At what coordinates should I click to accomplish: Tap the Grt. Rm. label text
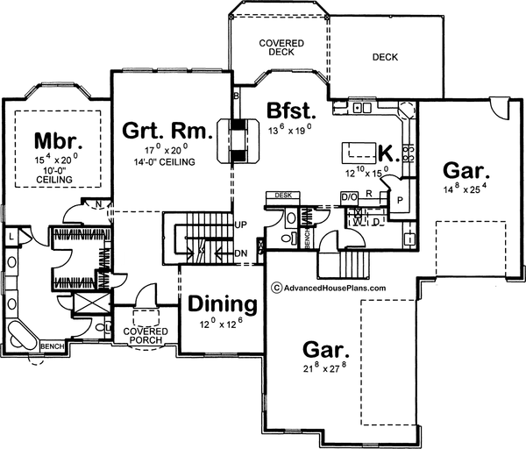[167, 132]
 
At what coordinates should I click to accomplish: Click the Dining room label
[222, 305]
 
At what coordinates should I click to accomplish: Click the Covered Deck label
[281, 47]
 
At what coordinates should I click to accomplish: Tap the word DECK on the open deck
[384, 58]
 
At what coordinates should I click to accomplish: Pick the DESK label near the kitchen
[282, 195]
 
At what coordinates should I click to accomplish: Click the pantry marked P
[400, 199]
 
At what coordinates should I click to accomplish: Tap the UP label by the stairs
[241, 224]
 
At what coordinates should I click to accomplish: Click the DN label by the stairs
[241, 253]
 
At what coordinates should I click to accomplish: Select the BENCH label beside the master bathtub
[50, 346]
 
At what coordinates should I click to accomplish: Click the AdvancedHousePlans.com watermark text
[329, 286]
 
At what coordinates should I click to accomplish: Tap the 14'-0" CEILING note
[167, 161]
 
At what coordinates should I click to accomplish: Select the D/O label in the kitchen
[347, 196]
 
